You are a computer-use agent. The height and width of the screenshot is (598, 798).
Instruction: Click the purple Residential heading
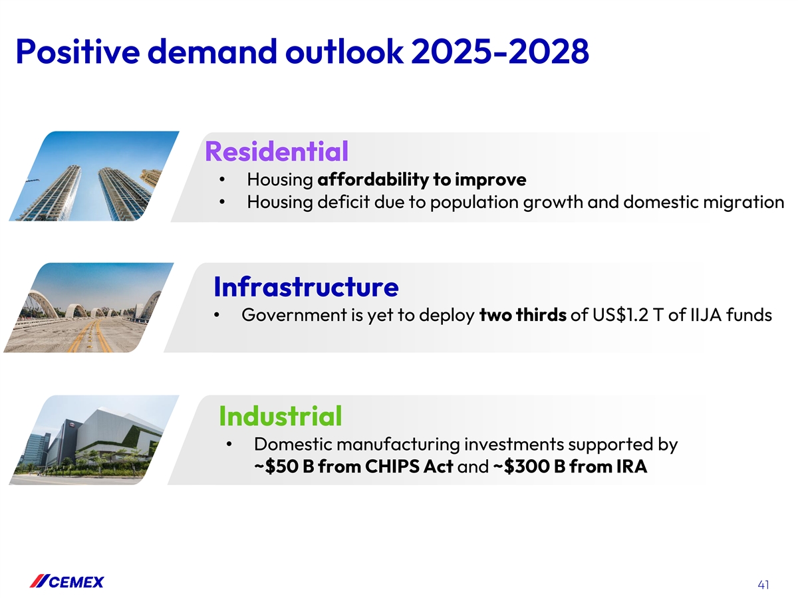tap(277, 151)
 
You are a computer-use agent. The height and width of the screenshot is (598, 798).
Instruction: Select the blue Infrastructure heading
tap(306, 287)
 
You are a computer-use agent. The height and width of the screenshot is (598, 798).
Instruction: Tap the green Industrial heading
tap(281, 416)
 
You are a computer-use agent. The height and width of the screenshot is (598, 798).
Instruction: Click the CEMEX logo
tap(67, 581)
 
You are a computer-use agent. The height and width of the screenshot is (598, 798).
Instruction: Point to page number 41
tap(763, 585)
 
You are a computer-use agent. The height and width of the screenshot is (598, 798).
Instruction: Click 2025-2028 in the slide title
tap(500, 52)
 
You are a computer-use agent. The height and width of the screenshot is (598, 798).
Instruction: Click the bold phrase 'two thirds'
tap(523, 315)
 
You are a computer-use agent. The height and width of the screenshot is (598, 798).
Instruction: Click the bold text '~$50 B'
tap(285, 466)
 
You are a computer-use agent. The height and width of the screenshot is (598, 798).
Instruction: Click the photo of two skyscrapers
tap(94, 176)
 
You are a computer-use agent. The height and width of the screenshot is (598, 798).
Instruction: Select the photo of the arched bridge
tap(88, 308)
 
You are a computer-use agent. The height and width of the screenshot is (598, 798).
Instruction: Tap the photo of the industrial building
tap(94, 440)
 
